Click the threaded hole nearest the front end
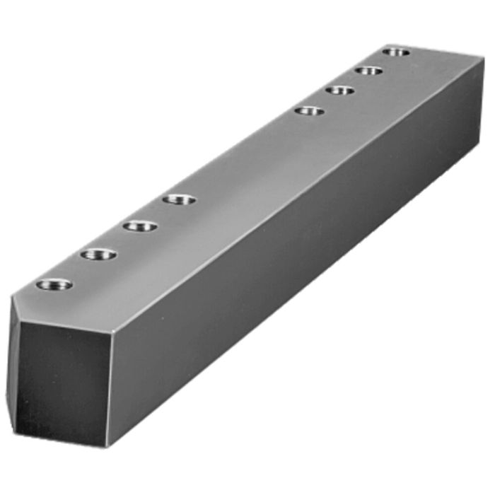pos(54,285)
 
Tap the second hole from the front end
pos(98,254)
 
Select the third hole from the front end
pos(140,226)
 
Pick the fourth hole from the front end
pos(178,199)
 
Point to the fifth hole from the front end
pos(309,110)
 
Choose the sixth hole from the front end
pos(340,90)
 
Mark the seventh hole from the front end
pos(368,70)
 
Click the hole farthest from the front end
pos(396,51)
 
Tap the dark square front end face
pos(64,382)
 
